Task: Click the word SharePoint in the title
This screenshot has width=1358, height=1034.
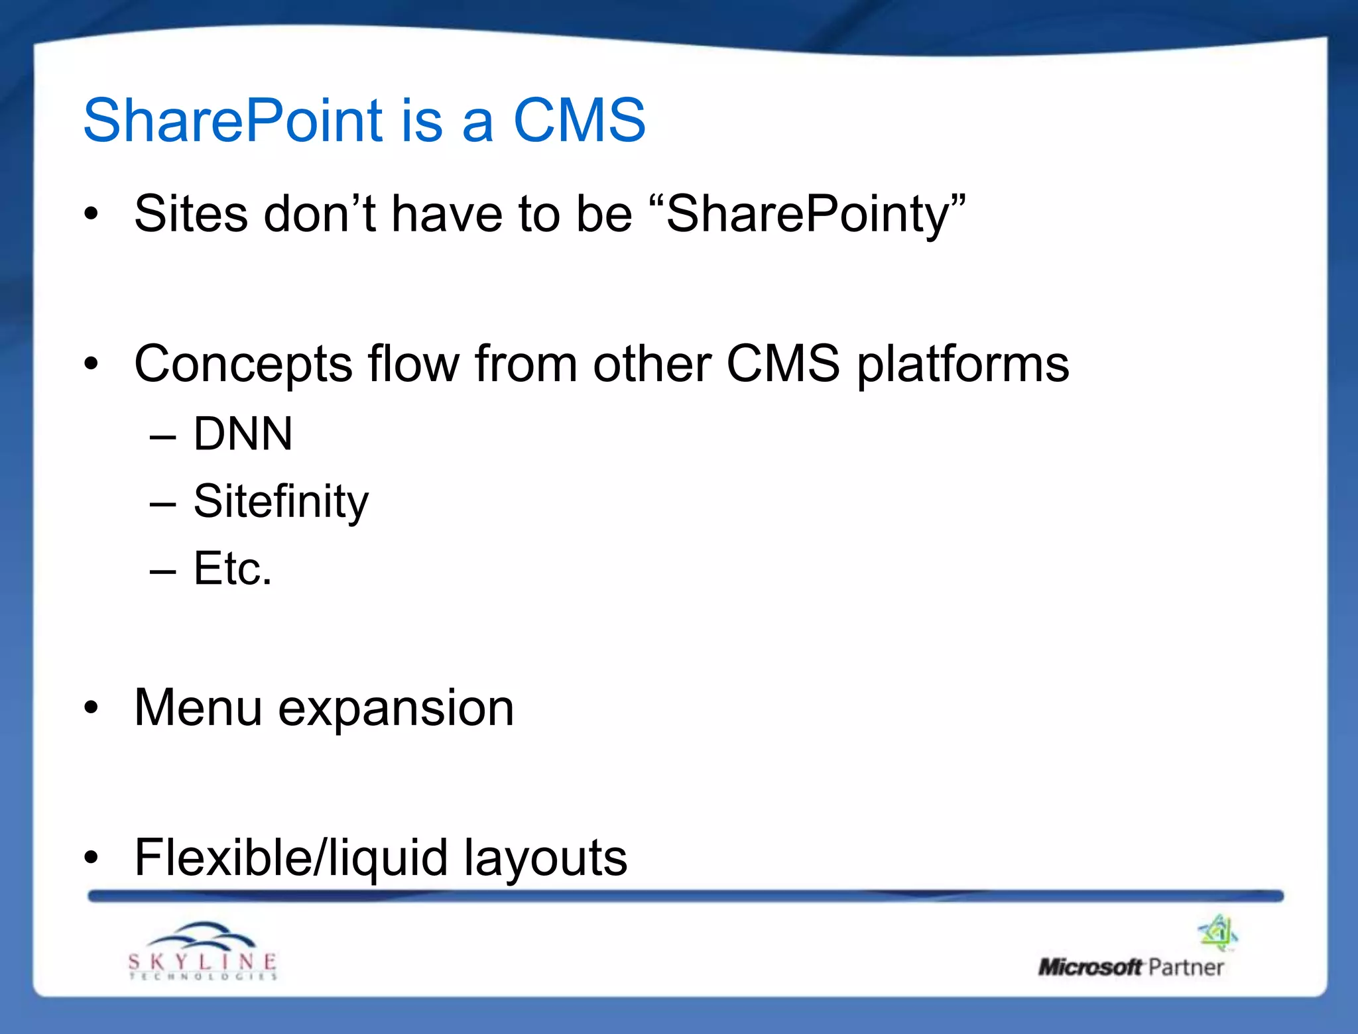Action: click(x=233, y=121)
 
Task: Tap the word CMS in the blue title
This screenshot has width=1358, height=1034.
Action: click(x=579, y=121)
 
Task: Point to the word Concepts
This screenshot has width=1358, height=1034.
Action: click(x=243, y=365)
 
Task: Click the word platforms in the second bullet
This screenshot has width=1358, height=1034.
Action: click(x=963, y=365)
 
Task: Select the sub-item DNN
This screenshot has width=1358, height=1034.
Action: click(x=243, y=434)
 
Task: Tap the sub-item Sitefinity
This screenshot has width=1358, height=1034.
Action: click(x=280, y=502)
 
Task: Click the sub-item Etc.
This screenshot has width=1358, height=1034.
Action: click(x=233, y=569)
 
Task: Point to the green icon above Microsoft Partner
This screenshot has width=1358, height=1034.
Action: click(x=1218, y=932)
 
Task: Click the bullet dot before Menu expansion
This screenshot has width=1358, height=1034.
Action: click(x=91, y=708)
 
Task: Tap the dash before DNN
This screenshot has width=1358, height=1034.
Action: click(x=163, y=437)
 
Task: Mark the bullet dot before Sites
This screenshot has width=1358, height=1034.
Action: click(x=91, y=214)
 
